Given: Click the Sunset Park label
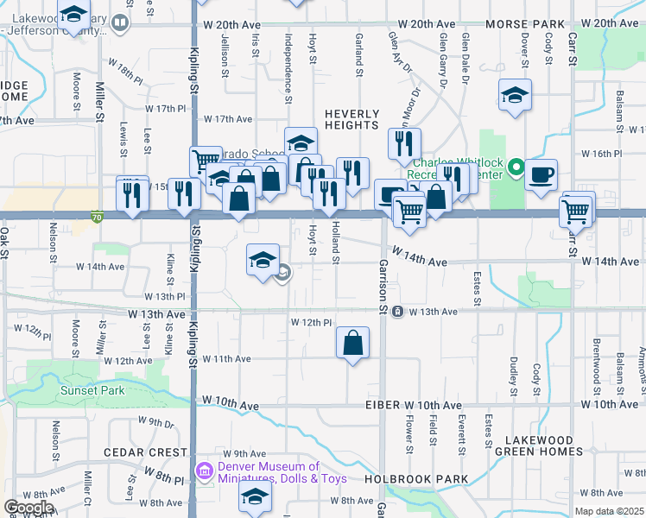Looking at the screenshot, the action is (x=92, y=390).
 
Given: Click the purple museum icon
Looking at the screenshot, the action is (x=205, y=471).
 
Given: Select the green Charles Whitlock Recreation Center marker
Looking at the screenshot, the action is (x=516, y=165).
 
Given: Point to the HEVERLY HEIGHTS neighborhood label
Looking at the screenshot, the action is (x=351, y=120).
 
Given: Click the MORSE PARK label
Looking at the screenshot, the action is (x=524, y=23).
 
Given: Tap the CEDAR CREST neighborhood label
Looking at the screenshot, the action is (x=145, y=452).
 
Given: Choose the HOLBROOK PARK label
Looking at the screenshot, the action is (x=416, y=479).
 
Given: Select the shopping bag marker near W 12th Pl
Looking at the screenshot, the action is (x=352, y=344).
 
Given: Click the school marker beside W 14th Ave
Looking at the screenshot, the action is (x=263, y=260).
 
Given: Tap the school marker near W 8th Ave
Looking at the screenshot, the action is (x=255, y=496).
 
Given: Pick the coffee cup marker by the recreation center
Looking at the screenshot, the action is (x=541, y=174).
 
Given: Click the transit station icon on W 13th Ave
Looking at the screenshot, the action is (x=396, y=311).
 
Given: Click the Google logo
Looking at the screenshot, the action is (x=28, y=507).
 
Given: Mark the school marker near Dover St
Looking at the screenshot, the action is (x=515, y=95).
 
